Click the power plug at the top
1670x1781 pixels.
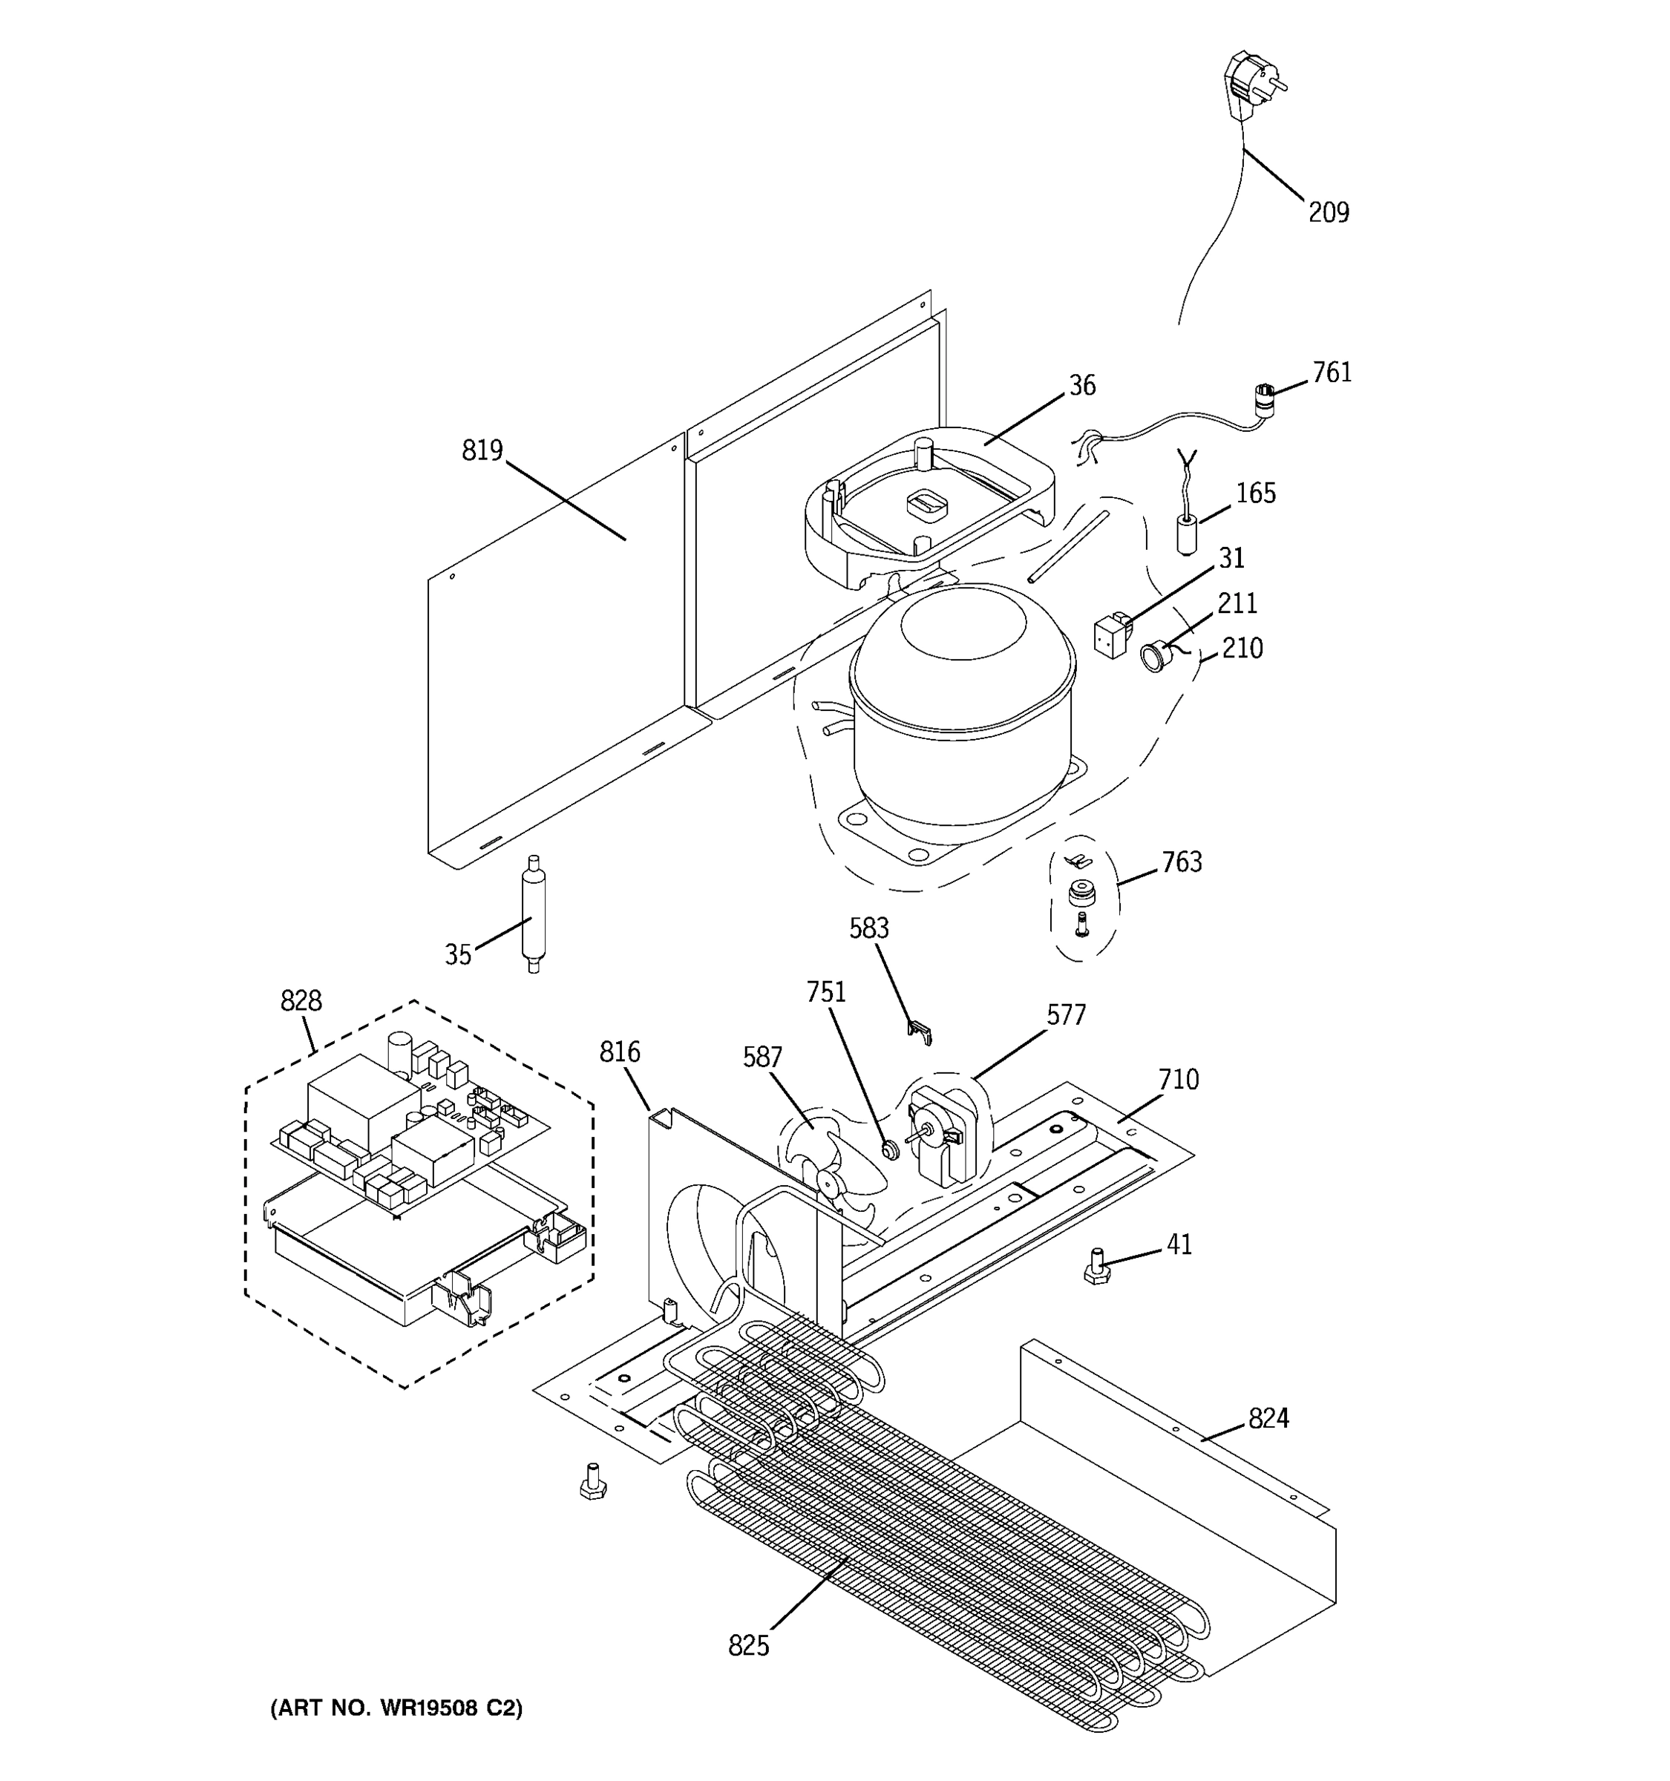tap(1251, 86)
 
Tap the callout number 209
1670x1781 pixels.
tap(1328, 213)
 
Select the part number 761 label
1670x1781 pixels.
tap(1332, 373)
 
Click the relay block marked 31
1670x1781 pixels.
tap(1112, 634)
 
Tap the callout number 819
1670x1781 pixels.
tap(482, 450)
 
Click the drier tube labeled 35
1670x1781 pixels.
tap(533, 914)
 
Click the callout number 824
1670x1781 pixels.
tap(1268, 1418)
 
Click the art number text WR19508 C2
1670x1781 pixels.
tap(396, 1708)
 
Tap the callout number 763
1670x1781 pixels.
tap(1181, 862)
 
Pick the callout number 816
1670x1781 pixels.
tap(619, 1052)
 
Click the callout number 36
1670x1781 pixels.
tap(1082, 385)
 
